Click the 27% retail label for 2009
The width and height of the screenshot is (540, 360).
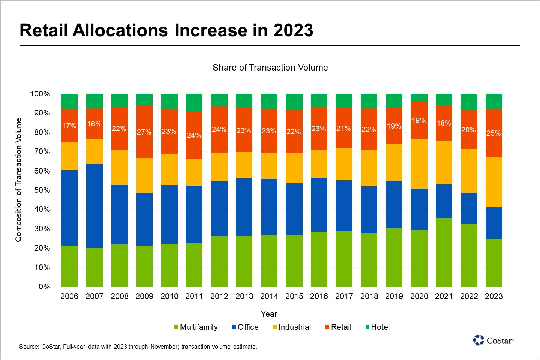144,132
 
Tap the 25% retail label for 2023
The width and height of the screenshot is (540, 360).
493,133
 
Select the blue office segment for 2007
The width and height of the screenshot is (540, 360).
94,206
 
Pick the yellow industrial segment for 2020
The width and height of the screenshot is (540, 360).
419,164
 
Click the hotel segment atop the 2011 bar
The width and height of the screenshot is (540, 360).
194,103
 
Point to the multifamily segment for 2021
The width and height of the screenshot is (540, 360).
444,252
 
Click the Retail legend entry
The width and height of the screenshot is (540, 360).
338,327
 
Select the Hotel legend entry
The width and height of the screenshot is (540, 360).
378,327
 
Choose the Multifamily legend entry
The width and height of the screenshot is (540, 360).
196,327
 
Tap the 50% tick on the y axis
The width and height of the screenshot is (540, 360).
42,190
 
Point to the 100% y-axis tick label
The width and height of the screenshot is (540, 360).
40,94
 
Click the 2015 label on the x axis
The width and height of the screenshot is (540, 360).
294,296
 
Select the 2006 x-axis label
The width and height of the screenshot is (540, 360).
69,296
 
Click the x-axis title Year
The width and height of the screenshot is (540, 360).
269,314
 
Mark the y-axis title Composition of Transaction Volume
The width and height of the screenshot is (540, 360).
19,180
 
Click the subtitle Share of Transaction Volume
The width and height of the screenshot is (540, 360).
270,67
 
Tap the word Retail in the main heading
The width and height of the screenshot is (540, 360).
44,31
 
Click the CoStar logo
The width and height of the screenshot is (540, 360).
493,340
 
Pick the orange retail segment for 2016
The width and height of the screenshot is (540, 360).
319,129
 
